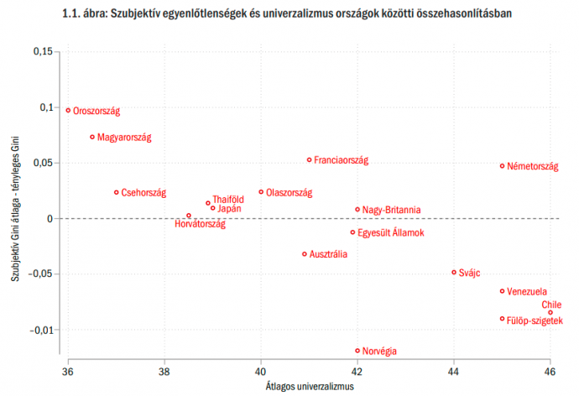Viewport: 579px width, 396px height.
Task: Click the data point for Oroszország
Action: click(x=68, y=110)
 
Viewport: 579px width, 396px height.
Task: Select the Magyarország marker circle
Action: click(x=92, y=137)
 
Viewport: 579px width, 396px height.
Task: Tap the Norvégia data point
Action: click(x=357, y=351)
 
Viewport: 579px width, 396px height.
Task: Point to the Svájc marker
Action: click(x=454, y=272)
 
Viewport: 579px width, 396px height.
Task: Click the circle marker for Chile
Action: click(x=550, y=312)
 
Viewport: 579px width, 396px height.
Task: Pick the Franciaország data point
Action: click(x=309, y=159)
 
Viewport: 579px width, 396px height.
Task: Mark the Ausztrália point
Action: click(x=305, y=253)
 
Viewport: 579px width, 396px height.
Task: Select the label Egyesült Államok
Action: click(x=391, y=232)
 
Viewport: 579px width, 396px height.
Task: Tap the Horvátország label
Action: click(x=200, y=224)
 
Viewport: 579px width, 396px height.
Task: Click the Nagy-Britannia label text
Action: click(x=392, y=210)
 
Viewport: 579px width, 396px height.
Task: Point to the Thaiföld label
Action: click(x=228, y=199)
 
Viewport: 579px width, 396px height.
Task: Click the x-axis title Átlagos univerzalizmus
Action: click(x=309, y=386)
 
